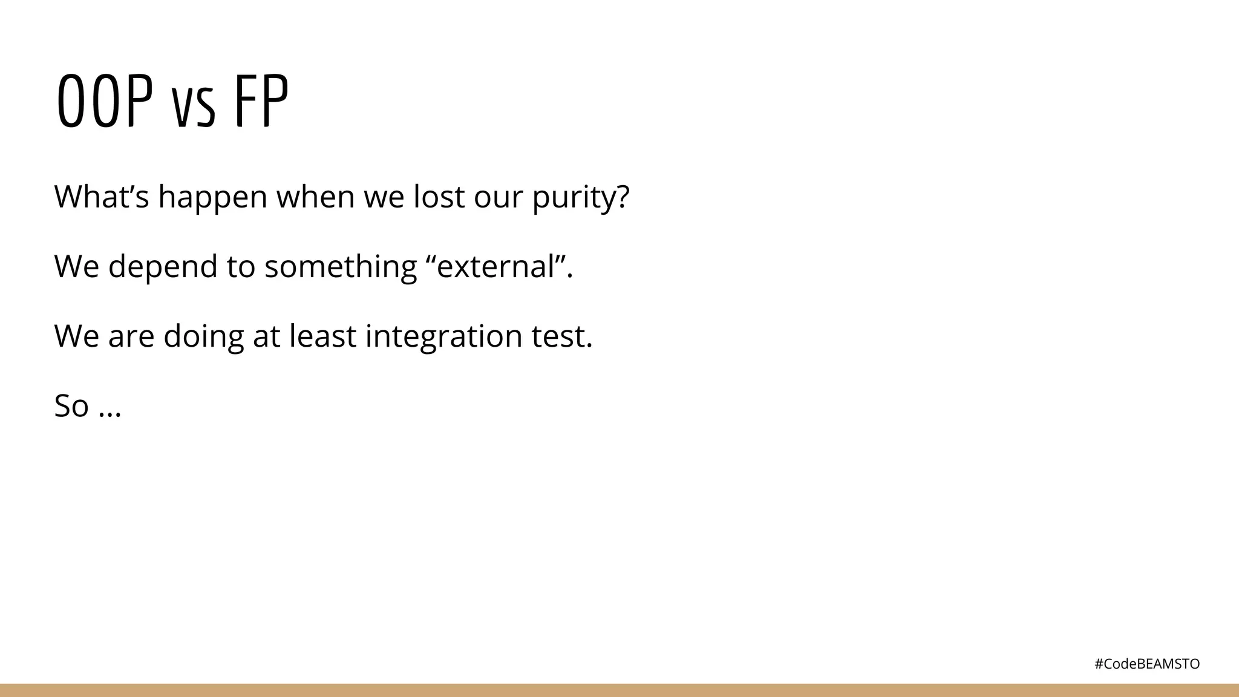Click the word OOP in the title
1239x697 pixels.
104,102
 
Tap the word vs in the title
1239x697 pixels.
194,109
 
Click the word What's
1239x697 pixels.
101,197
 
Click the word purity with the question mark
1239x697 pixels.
581,198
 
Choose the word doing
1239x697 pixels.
203,336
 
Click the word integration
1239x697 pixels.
443,336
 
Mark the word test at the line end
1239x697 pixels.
562,336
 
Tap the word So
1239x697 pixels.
71,405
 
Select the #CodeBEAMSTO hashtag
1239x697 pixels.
1147,664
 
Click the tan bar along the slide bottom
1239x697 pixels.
619,690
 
